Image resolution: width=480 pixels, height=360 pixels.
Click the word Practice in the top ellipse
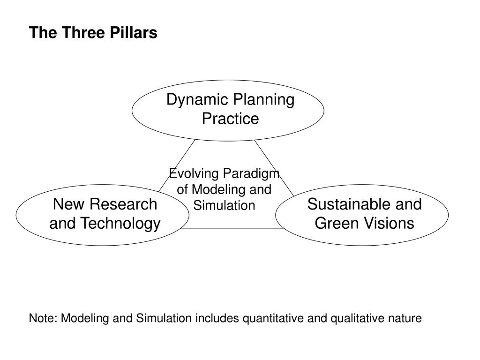230,119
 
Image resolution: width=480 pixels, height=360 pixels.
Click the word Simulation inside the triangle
224,205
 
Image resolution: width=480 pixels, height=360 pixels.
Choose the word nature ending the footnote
405,319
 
